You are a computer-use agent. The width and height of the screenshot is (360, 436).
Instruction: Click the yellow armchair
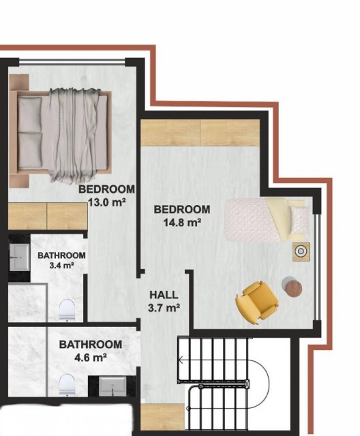coord(257,302)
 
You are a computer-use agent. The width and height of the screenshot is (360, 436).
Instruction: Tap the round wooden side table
coord(293,288)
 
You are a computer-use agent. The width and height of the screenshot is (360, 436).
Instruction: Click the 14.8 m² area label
coord(182,222)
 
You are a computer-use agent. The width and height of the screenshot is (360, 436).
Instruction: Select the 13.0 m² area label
coord(106,202)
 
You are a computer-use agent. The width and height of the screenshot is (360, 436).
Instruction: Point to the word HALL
coord(164,295)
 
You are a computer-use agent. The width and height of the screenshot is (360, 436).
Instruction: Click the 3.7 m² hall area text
coord(164,308)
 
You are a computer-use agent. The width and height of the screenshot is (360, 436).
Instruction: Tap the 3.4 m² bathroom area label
coord(61,265)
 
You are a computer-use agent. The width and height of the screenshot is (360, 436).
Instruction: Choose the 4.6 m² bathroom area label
coord(91,357)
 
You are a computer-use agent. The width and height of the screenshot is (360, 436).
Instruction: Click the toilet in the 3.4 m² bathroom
coord(67,310)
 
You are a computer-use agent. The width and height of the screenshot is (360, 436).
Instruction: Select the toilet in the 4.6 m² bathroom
coord(67,384)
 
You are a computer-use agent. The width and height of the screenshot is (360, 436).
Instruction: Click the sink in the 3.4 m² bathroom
coord(20,257)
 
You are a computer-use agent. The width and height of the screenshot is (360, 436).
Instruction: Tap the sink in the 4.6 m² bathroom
coord(112,386)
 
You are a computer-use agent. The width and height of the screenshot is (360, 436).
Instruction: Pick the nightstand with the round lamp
coord(301,251)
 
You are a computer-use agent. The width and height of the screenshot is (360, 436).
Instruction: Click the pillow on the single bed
coord(299,220)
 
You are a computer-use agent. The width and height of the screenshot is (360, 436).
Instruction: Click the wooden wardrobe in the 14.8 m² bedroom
coord(200,133)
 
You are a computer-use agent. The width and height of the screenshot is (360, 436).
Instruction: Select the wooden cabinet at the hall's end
coord(162,416)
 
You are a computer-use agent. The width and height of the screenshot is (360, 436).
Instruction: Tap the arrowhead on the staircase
coord(180,360)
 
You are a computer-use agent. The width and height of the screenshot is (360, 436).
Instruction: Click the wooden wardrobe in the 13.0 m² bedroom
coord(48,217)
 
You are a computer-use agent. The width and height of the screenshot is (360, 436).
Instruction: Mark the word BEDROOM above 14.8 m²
coord(182,209)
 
